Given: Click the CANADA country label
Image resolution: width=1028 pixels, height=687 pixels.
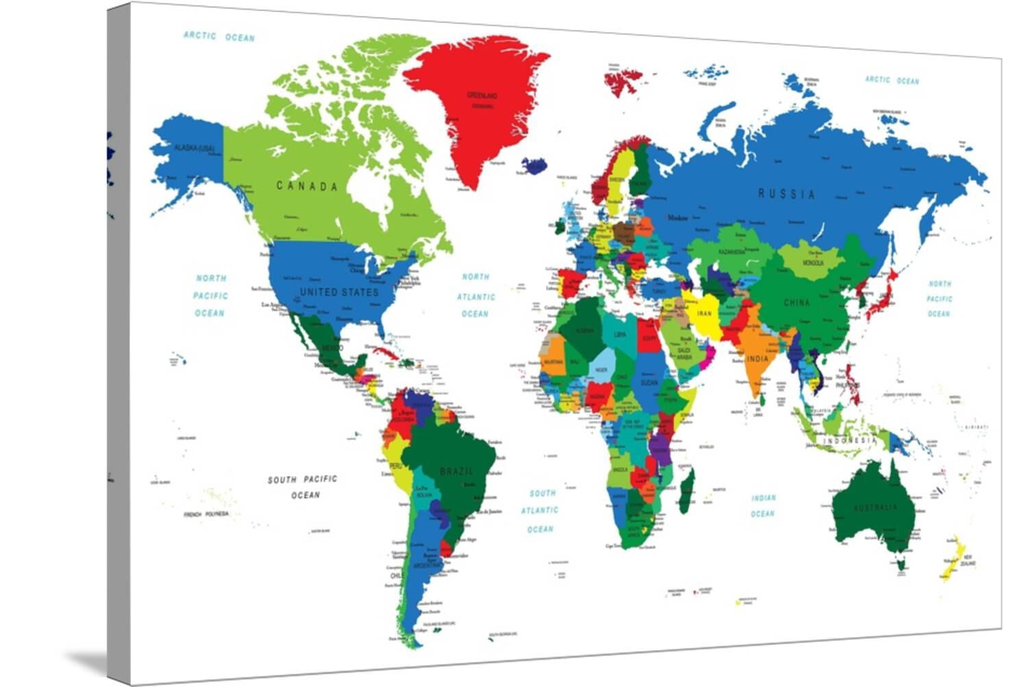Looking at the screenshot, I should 306,186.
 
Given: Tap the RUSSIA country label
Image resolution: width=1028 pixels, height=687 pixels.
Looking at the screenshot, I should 786,194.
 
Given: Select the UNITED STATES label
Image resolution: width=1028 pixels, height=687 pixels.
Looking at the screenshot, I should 339,292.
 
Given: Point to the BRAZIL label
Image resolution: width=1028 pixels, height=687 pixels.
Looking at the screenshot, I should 456,471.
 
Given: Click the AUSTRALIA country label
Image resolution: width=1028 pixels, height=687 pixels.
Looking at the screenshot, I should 874,508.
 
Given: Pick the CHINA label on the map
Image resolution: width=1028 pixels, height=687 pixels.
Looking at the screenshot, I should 796,302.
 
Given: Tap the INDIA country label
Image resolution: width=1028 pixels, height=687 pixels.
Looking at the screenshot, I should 757,359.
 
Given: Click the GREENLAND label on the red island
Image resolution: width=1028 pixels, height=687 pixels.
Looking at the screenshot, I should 482,96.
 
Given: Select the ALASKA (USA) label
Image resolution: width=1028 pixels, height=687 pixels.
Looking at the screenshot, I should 194,148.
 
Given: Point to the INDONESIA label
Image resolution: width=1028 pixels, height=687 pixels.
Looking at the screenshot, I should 850,440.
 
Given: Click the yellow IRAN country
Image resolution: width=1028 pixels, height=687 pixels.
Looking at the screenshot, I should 704,314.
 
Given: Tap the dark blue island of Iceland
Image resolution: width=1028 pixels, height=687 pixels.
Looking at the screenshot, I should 534,165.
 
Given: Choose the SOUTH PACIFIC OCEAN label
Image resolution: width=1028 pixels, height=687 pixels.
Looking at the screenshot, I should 303,487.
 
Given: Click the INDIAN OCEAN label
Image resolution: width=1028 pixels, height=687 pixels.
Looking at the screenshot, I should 763,506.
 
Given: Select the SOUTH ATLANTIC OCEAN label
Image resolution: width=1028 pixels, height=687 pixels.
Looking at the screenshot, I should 541,511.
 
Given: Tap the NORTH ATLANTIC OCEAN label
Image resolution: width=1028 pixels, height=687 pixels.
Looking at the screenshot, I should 475,296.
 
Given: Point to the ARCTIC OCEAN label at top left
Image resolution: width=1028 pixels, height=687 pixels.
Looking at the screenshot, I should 219,36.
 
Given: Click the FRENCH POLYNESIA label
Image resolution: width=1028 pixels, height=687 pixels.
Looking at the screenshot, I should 206,514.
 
